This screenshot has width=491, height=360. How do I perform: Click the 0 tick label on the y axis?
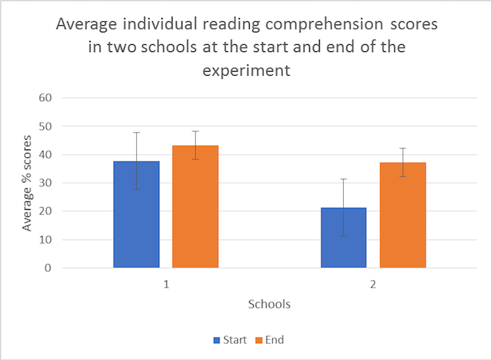pyautogui.click(x=47, y=268)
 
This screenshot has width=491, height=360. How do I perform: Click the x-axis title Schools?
pyautogui.click(x=269, y=305)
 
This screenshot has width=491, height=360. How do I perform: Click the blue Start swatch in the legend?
pyautogui.click(x=217, y=340)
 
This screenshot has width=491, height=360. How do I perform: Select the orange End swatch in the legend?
pyautogui.click(x=258, y=340)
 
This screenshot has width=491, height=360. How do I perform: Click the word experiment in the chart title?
pyautogui.click(x=246, y=71)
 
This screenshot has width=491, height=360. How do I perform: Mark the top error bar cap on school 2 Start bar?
pyautogui.click(x=344, y=179)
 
